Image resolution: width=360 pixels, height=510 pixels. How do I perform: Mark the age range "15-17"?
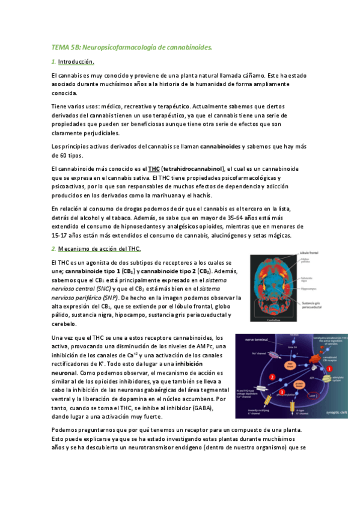pos(61,235)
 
